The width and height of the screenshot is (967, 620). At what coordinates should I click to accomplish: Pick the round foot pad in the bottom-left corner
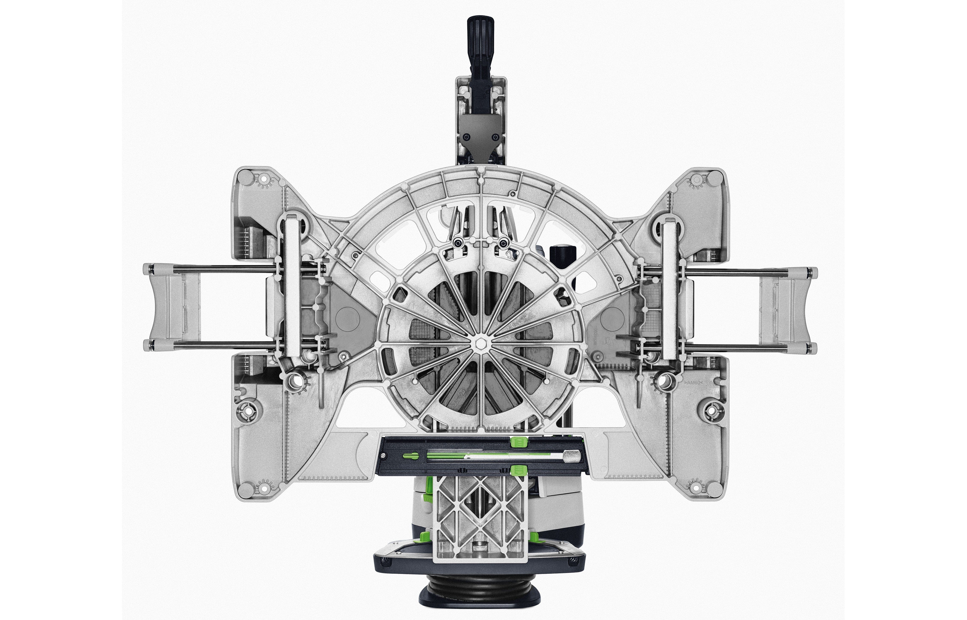(245, 489)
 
